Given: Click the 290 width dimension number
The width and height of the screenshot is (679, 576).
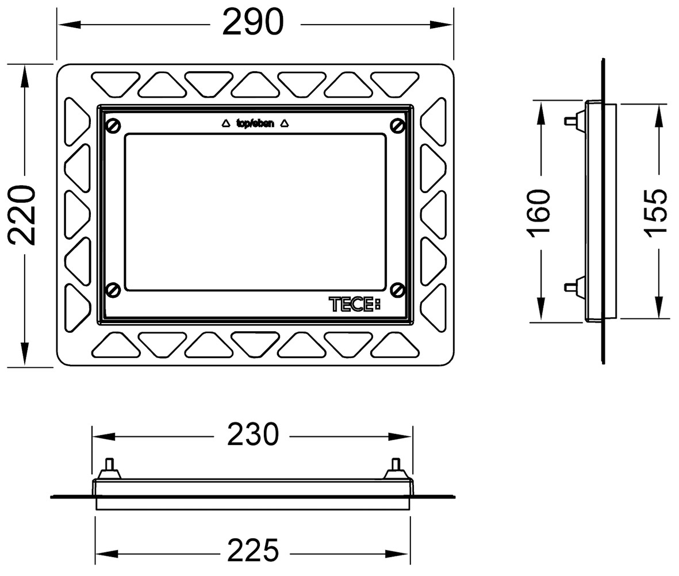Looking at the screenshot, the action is (253, 22).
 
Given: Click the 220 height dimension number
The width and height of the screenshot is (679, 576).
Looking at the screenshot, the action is (22, 215).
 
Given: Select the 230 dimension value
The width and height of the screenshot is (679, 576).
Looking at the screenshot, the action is (253, 435).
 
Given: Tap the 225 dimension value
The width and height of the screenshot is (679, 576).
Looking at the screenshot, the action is (253, 550).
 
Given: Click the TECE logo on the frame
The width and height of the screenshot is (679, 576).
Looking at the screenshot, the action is (355, 304).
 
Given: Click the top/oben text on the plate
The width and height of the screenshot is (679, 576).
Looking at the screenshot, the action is (255, 124).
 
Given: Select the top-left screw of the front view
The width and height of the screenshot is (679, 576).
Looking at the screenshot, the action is (113, 125).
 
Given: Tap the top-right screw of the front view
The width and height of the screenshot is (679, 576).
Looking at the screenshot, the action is (397, 125).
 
